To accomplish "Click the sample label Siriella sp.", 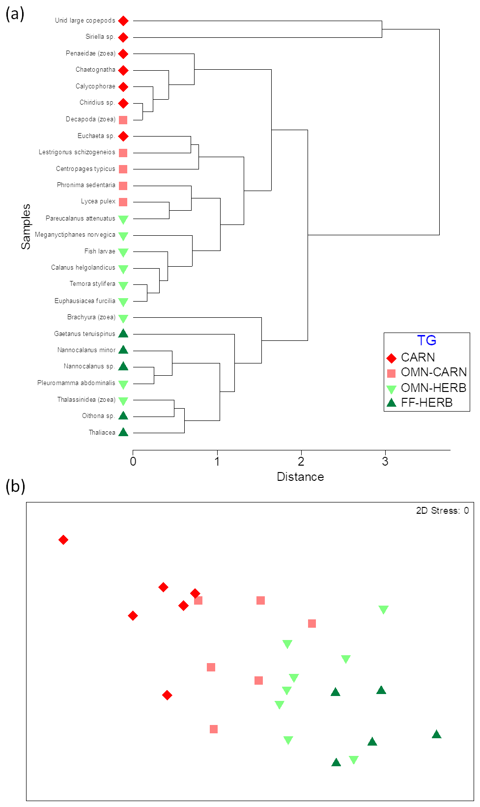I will (x=100, y=37).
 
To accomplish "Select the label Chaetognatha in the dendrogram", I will (x=95, y=70).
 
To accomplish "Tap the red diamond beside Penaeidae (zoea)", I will (x=123, y=54).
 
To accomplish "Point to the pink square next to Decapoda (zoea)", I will (x=123, y=120).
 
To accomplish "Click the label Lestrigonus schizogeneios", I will (x=77, y=152).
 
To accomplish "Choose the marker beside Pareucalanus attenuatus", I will (x=123, y=219).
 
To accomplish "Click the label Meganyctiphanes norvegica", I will (x=75, y=235).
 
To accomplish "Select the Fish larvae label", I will (x=100, y=251).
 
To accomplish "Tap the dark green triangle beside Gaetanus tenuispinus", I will (x=123, y=334).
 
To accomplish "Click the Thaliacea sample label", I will (x=102, y=433).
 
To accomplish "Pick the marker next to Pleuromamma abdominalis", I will (x=123, y=384).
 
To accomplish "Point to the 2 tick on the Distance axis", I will (x=301, y=461).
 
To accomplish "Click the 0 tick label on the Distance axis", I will (x=133, y=461).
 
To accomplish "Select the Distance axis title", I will (x=300, y=477).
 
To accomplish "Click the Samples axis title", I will (x=26, y=226).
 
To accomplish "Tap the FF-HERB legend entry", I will (x=426, y=402).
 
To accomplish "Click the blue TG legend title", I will (x=426, y=340).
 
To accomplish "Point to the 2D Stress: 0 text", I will (x=442, y=511).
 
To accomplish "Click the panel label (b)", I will (x=15, y=486).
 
